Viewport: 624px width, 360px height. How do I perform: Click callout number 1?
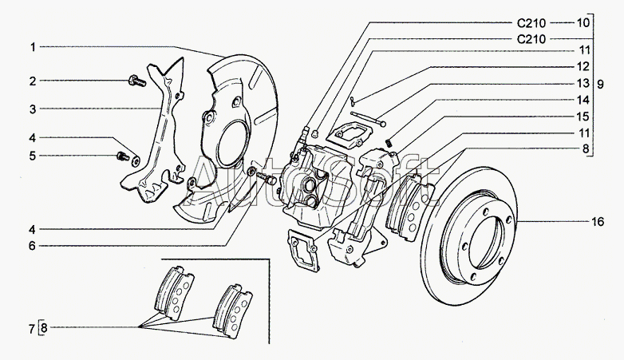(34, 47)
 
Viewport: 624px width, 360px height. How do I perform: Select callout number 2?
(34, 81)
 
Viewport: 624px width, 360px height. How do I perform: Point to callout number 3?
(34, 109)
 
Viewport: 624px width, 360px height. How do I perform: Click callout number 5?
(34, 156)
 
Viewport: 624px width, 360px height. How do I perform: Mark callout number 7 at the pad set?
(31, 328)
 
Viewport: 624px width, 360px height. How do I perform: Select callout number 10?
(583, 23)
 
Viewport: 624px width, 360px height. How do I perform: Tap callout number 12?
(583, 67)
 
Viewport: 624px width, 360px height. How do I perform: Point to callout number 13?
(583, 83)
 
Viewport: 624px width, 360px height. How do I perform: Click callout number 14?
(583, 100)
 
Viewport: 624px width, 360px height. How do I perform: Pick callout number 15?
(583, 117)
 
